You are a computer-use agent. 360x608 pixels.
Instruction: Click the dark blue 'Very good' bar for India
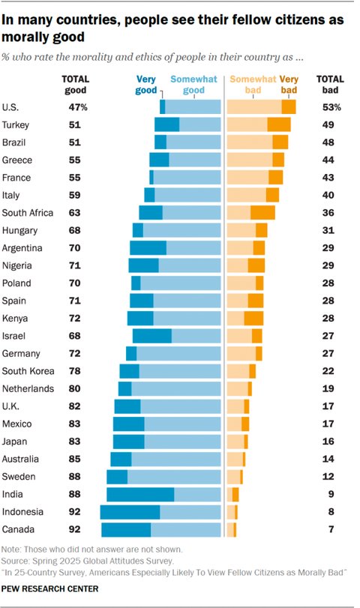coord(140,494)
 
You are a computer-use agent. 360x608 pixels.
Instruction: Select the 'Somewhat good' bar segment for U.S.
coord(193,107)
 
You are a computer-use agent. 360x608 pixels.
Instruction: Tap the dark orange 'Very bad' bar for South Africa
coord(262,212)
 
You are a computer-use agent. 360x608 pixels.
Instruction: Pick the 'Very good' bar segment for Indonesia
coord(130,512)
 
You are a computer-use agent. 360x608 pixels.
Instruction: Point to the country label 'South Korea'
coord(25,371)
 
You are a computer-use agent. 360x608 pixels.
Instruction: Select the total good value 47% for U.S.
coord(77,107)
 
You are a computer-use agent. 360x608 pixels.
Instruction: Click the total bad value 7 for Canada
coord(328,530)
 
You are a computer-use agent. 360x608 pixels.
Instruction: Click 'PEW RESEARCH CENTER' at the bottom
coord(50,589)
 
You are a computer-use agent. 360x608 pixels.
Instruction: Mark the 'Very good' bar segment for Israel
coord(151,336)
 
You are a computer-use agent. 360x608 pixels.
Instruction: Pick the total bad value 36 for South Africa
coord(328,213)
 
